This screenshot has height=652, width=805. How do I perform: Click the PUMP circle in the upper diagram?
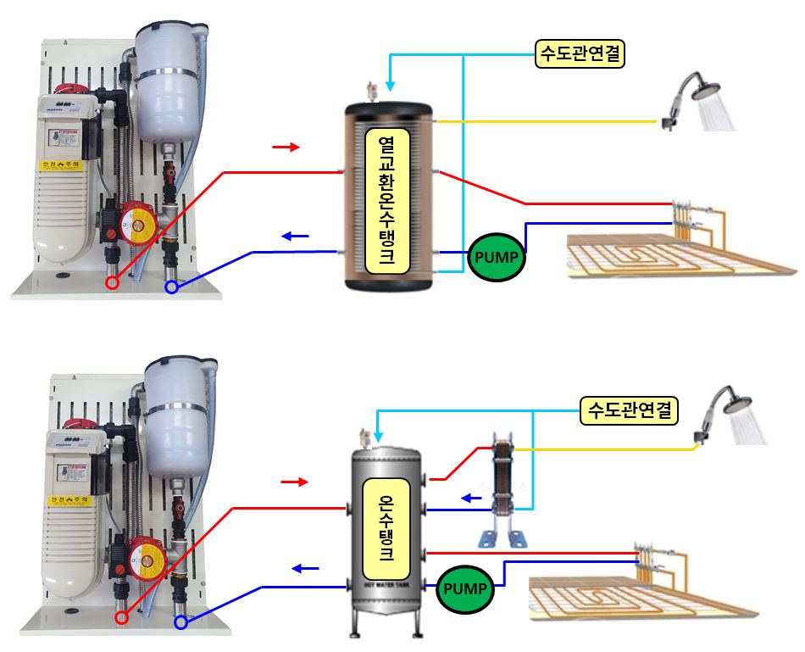[497, 255]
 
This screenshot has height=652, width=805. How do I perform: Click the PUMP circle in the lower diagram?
[465, 588]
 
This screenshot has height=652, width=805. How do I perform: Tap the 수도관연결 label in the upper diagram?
[580, 54]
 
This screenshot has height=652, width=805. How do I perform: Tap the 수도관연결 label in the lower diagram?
[629, 411]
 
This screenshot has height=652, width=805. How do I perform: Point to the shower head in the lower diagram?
[729, 410]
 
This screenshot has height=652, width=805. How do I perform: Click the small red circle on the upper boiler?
[112, 283]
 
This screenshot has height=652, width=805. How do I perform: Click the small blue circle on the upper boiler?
[172, 287]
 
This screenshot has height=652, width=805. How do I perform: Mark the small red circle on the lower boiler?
[122, 617]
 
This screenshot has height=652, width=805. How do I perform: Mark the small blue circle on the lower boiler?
[180, 623]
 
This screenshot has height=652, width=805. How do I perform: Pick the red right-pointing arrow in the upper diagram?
[286, 148]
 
